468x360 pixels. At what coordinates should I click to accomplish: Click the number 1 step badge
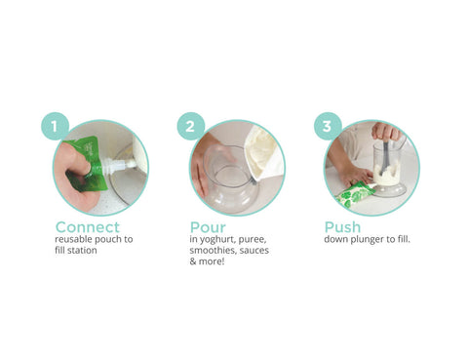click(x=55, y=126)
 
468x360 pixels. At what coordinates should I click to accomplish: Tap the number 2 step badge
click(x=191, y=126)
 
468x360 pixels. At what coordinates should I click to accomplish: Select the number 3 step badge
click(x=327, y=126)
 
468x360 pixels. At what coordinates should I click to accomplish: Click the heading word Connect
click(x=87, y=227)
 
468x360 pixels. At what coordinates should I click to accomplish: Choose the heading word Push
click(x=342, y=227)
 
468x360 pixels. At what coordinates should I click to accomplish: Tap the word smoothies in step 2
click(x=212, y=251)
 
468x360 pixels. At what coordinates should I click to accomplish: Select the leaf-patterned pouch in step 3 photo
click(x=357, y=193)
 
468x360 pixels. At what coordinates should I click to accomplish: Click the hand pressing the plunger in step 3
click(x=386, y=132)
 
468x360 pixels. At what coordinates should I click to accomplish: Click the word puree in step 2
click(x=252, y=239)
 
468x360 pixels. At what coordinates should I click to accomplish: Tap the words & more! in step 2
click(x=208, y=262)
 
